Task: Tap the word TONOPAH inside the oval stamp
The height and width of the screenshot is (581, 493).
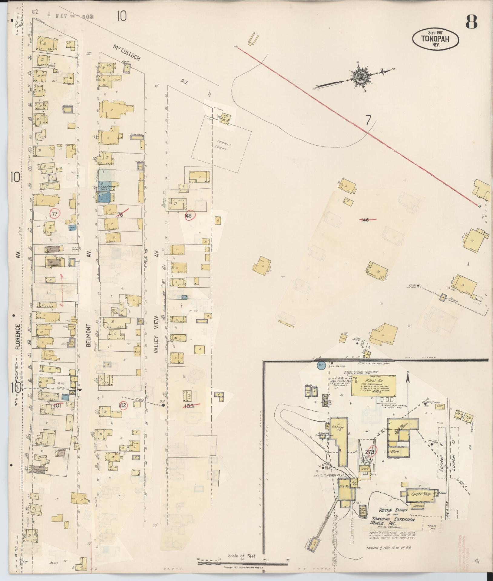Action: [x=435, y=38]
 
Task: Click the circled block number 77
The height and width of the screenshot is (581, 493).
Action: [x=55, y=214]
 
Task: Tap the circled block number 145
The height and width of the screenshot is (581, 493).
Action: [x=189, y=215]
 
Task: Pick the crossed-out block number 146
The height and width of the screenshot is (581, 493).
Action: [x=365, y=220]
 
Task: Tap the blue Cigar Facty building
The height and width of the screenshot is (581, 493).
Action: [x=107, y=188]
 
